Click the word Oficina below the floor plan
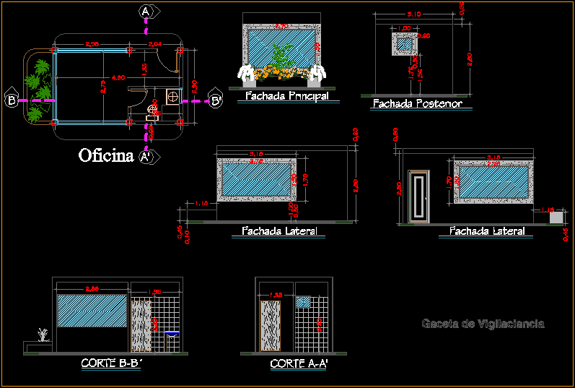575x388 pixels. point(106,155)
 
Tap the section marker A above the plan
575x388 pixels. point(146,12)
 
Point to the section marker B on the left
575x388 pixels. point(12,100)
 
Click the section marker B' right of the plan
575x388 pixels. point(216,100)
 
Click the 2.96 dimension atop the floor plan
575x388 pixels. point(92,45)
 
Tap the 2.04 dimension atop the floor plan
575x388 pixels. point(154,45)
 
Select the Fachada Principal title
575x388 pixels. point(286,95)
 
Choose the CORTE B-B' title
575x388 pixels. point(110,363)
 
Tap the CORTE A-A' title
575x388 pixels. point(299,364)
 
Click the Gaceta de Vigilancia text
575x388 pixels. point(483,324)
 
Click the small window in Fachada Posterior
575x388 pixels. point(404,44)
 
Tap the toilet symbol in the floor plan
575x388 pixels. point(153,110)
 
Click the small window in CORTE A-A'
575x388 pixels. point(303,302)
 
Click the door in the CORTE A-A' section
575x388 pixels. point(271,327)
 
